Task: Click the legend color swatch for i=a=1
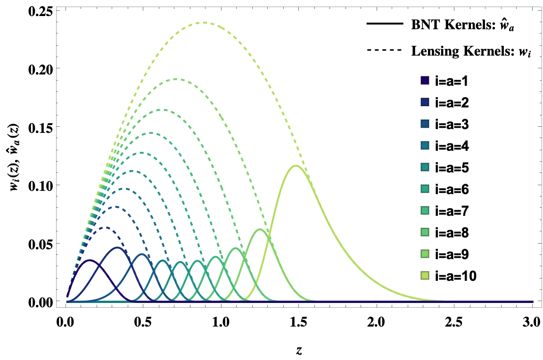coord(424,81)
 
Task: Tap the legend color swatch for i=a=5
coord(424,168)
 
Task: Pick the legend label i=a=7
coord(452,211)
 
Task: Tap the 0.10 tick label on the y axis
coord(41,185)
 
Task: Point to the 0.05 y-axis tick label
coord(41,243)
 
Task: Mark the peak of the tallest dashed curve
coord(204,23)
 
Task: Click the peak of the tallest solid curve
coord(296,165)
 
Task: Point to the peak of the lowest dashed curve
coord(107,228)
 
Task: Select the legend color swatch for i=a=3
coord(424,124)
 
